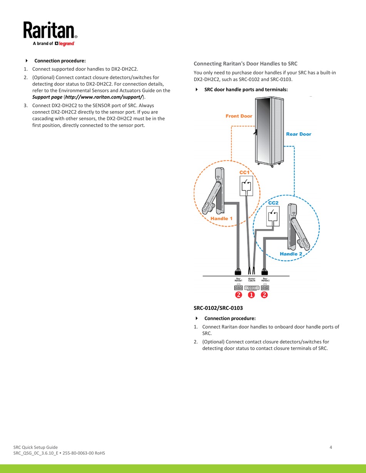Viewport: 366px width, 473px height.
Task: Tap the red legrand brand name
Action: (66, 44)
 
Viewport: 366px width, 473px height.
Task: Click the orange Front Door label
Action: (239, 116)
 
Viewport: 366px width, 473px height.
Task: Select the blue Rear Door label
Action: (299, 134)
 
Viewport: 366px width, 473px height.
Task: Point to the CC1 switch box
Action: (245, 186)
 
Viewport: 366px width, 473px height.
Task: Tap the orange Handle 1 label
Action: (222, 219)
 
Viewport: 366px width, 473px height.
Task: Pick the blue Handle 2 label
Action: (291, 254)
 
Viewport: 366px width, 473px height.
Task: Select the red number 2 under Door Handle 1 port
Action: (238, 295)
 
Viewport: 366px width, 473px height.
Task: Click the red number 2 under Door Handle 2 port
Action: (264, 295)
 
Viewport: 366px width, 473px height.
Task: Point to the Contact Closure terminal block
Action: (251, 287)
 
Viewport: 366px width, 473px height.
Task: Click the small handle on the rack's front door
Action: (255, 132)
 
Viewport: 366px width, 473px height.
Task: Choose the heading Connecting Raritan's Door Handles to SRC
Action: (245, 64)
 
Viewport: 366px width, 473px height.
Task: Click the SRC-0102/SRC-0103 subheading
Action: (218, 308)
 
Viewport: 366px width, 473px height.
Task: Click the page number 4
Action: (331, 447)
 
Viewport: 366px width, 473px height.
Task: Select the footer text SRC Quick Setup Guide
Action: (35, 447)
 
